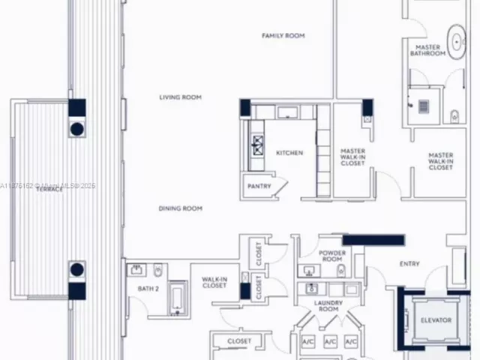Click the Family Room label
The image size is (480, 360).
tap(283, 35)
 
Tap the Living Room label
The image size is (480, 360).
tap(180, 97)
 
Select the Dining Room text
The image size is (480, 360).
tap(180, 208)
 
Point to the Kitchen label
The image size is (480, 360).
tap(289, 153)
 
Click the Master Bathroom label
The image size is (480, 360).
tap(428, 50)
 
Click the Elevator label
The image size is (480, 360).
tap(436, 320)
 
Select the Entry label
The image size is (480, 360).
tap(409, 263)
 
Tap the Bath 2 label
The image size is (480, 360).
tap(148, 288)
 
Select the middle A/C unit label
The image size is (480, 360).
tap(330, 342)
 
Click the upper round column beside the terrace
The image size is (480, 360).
tap(77, 129)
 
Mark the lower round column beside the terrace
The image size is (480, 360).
tap(77, 270)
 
